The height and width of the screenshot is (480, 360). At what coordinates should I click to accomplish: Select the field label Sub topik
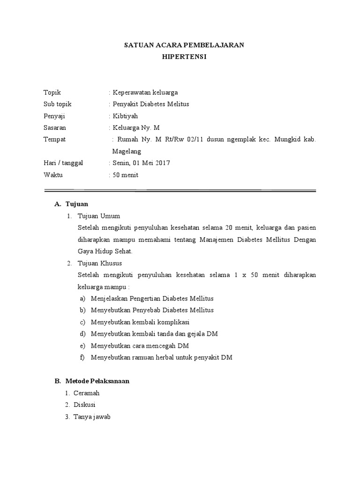(57, 104)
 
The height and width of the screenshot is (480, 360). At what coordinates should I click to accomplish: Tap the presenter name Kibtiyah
(125, 116)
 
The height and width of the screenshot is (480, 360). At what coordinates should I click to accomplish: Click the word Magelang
(127, 151)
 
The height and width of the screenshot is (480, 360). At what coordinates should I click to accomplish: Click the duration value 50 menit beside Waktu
(125, 175)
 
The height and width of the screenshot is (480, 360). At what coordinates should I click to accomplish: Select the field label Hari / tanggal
(63, 163)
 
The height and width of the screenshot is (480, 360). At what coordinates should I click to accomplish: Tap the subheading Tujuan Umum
(99, 216)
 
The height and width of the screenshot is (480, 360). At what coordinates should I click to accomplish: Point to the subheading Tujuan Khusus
(100, 263)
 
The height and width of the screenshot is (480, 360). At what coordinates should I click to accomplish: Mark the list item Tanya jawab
(91, 416)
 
